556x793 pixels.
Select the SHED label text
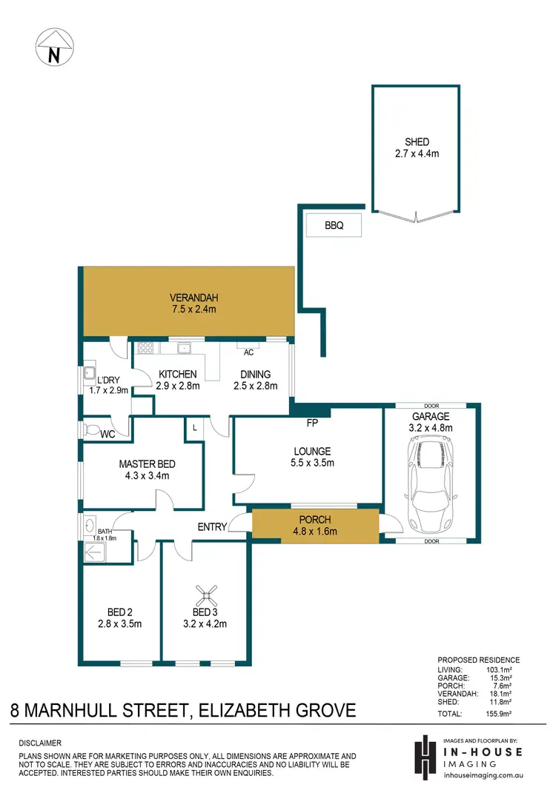coord(417,142)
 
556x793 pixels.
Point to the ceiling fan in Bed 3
coord(206,592)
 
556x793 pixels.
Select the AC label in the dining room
coord(248,352)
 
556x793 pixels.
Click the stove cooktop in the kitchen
coord(144,347)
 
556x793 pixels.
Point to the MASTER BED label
coord(147,464)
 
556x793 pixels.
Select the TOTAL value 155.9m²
coord(505,714)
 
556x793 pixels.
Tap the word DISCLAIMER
coord(42,742)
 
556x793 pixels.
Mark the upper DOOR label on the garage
coord(431,406)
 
